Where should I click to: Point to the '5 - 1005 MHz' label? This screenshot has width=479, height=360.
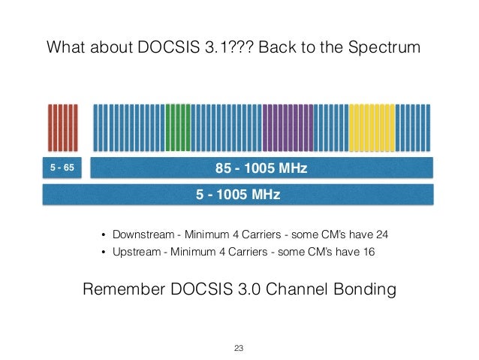(238, 195)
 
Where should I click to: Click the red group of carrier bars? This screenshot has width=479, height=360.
(63, 128)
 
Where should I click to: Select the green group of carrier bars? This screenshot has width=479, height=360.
(178, 128)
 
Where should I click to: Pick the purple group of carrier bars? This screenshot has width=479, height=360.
(288, 128)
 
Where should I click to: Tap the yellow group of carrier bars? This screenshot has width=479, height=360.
(372, 128)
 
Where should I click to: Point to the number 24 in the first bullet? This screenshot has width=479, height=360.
(382, 234)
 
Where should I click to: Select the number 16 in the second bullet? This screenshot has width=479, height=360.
(369, 252)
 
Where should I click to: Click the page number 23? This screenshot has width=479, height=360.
(239, 348)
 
